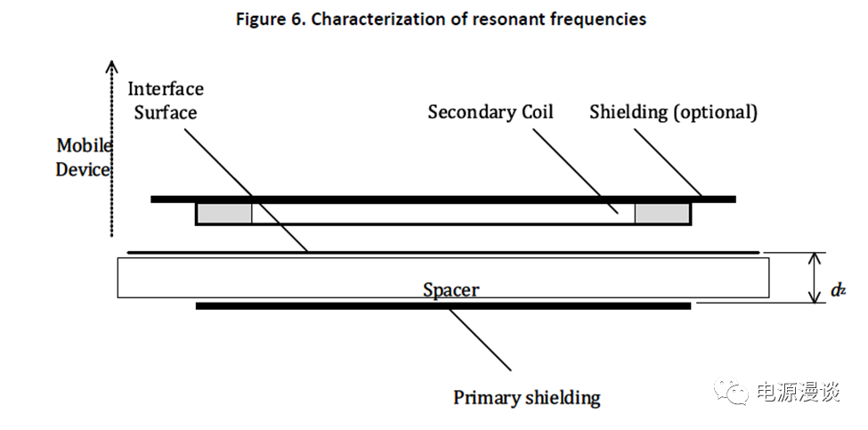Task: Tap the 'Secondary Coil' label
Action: pyautogui.click(x=491, y=112)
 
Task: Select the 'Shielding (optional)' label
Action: pyautogui.click(x=673, y=112)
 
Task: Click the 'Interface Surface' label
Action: pyautogui.click(x=166, y=101)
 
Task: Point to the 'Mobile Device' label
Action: pyautogui.click(x=83, y=157)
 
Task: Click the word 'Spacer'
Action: pyautogui.click(x=450, y=289)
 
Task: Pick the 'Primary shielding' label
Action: pyautogui.click(x=526, y=397)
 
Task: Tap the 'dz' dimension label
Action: pyautogui.click(x=837, y=289)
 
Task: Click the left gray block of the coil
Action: pyautogui.click(x=223, y=214)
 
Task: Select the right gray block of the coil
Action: pyautogui.click(x=661, y=214)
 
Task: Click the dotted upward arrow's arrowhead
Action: pyautogui.click(x=111, y=66)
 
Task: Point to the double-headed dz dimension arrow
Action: pyautogui.click(x=813, y=278)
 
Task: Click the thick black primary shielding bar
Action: pyautogui.click(x=442, y=306)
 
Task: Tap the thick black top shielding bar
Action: pyautogui.click(x=442, y=199)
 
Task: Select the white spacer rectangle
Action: pyautogui.click(x=267, y=277)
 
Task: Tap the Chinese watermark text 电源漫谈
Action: pyautogui.click(x=797, y=393)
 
